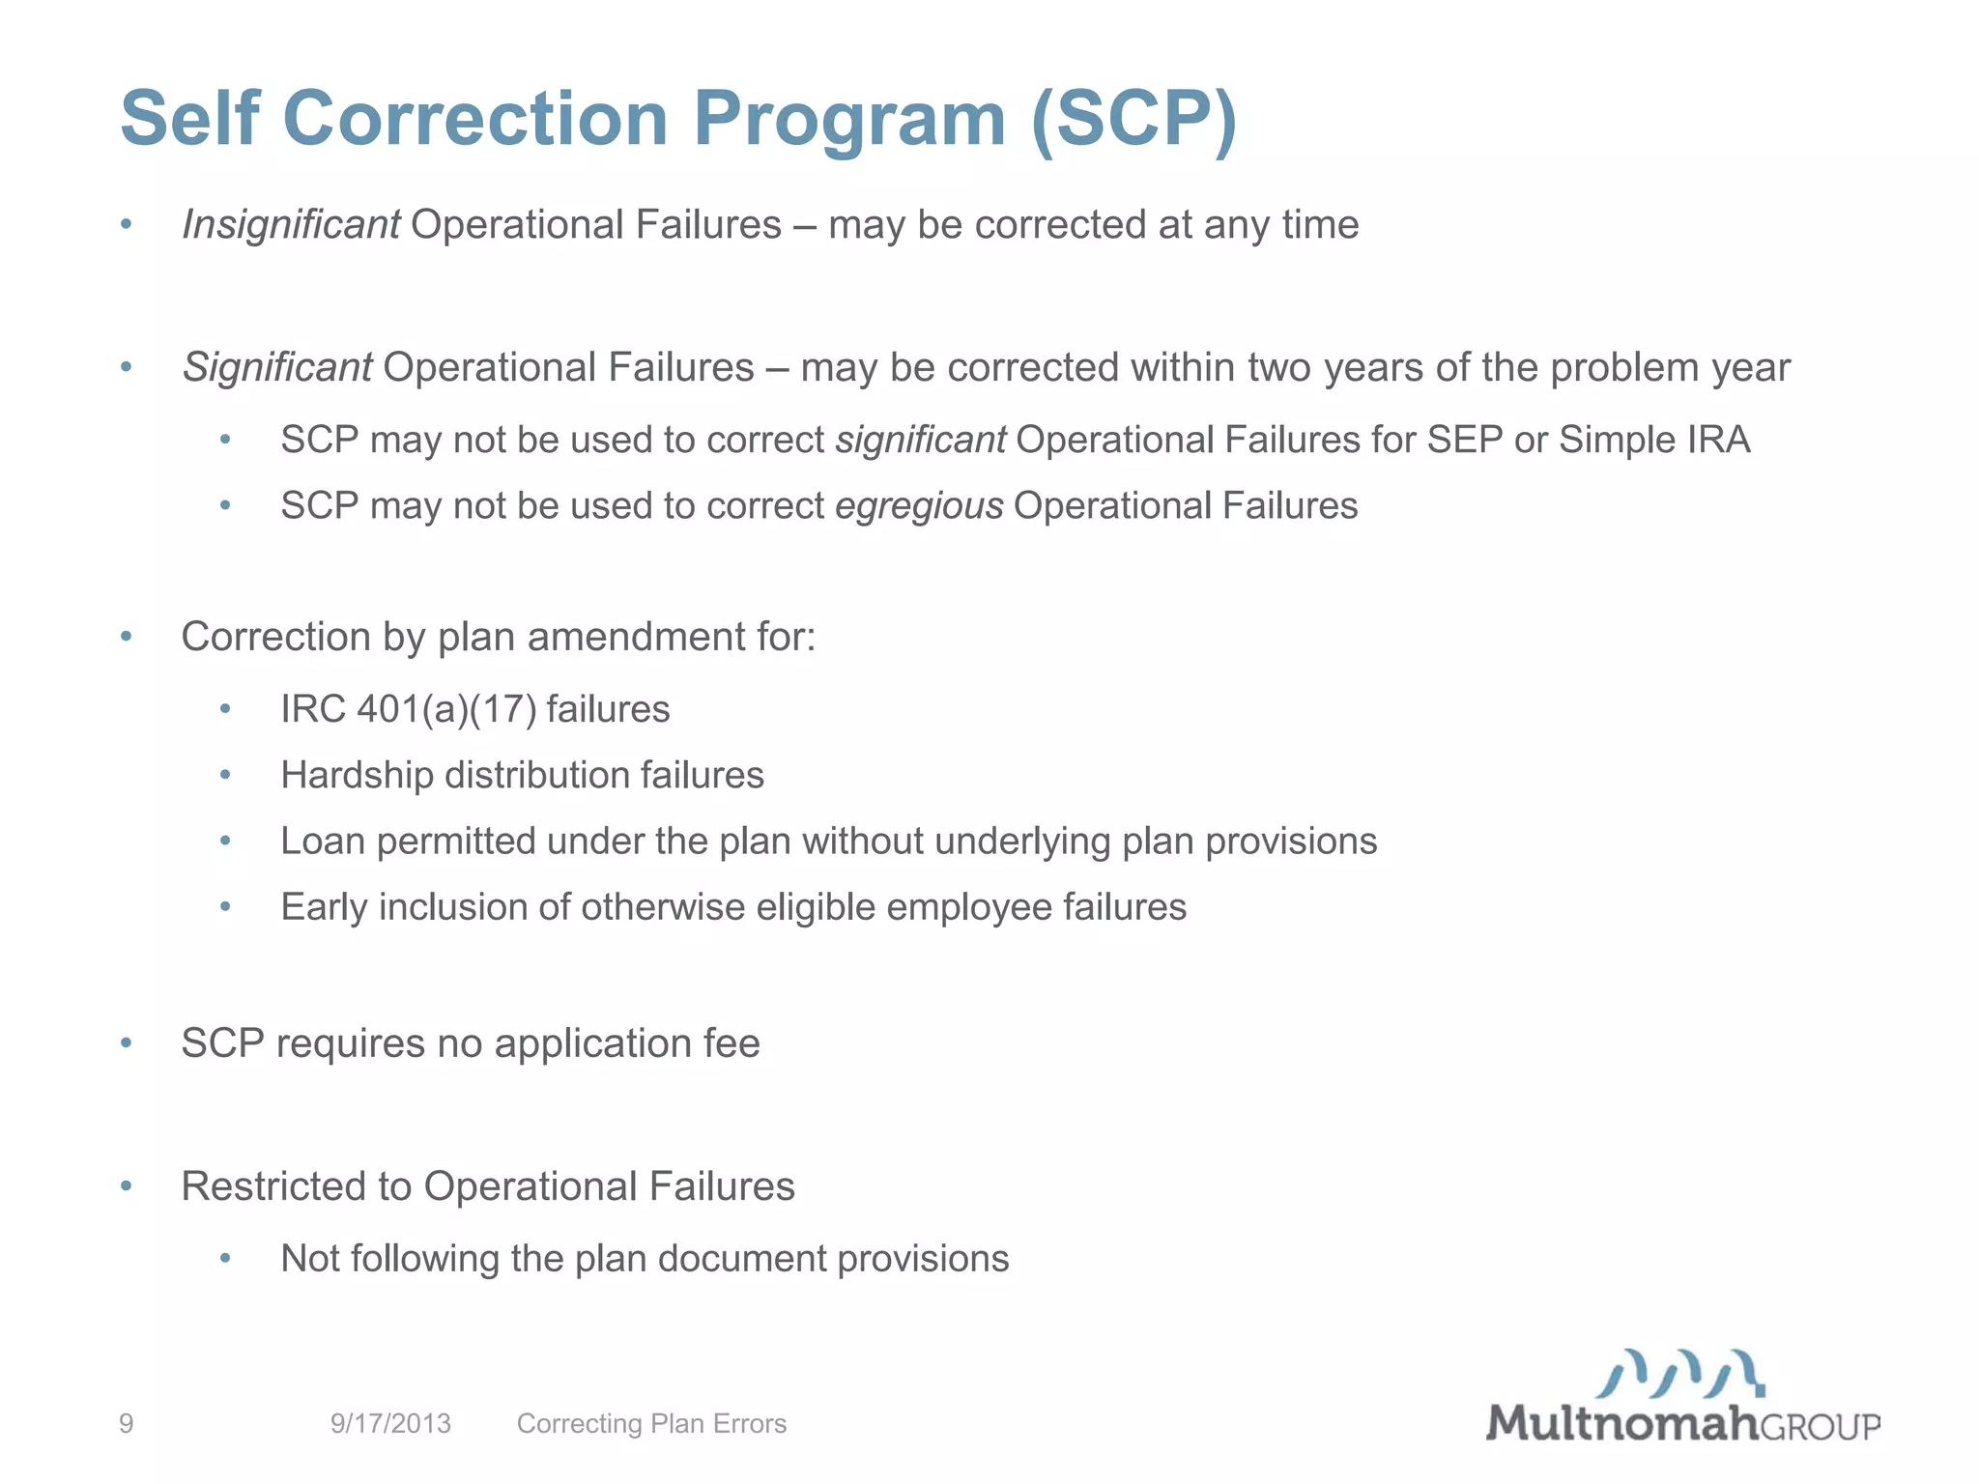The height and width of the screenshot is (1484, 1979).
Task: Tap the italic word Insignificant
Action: coord(291,225)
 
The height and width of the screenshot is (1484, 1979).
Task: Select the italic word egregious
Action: coord(919,506)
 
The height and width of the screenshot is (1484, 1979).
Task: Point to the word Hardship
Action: coord(357,776)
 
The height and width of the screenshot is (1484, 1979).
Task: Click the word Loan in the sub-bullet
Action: coord(323,842)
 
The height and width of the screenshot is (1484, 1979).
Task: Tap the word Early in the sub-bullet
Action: coord(324,907)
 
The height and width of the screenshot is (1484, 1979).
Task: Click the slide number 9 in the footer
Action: coord(127,1423)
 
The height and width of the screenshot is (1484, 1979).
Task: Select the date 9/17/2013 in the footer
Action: coord(390,1423)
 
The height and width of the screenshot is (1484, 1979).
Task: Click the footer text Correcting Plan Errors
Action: coord(651,1423)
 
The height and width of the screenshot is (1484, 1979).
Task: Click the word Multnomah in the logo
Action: coord(1620,1423)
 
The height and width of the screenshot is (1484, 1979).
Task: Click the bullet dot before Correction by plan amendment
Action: coord(126,637)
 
